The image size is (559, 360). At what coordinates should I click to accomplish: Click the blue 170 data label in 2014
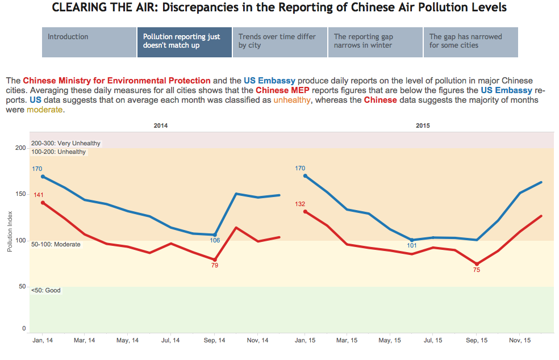tap(37, 169)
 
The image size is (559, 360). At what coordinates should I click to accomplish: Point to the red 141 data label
tap(38, 195)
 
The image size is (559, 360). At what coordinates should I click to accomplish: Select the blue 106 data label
tap(215, 240)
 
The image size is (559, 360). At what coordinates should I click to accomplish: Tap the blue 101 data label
tap(412, 246)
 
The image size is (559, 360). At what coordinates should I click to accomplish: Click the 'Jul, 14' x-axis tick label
tap(171, 341)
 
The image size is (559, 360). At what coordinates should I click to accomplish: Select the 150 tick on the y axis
tap(20, 194)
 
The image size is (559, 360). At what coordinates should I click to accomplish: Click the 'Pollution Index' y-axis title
tap(10, 232)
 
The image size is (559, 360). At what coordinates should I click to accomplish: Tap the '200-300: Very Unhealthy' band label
tap(66, 144)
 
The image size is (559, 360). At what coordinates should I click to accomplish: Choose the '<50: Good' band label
tap(46, 291)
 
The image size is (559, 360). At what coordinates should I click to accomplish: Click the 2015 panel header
tap(422, 125)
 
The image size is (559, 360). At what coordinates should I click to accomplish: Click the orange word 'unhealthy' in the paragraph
tap(292, 100)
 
